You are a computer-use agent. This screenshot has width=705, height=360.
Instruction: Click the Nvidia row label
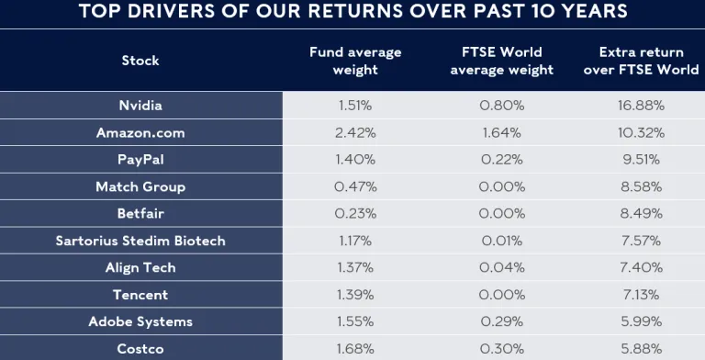140,105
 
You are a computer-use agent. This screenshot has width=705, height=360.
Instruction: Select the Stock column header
140,60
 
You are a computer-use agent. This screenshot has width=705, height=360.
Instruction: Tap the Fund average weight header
355,61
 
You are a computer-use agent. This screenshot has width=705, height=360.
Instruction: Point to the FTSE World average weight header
502,61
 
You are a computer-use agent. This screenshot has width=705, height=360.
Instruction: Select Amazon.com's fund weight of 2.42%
355,132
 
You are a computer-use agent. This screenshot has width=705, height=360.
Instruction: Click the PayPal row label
140,159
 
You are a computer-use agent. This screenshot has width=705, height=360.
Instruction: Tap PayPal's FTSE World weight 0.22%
502,159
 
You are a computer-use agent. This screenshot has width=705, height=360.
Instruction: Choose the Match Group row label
140,186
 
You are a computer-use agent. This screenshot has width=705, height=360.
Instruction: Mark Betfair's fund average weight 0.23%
355,213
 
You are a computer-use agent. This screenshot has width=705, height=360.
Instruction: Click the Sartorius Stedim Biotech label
140,241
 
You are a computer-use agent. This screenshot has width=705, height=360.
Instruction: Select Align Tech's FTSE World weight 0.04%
502,267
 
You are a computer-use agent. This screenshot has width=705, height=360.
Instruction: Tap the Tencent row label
140,295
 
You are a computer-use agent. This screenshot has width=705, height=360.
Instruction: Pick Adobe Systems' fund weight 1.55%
355,321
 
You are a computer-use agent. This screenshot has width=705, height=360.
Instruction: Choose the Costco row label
140,349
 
